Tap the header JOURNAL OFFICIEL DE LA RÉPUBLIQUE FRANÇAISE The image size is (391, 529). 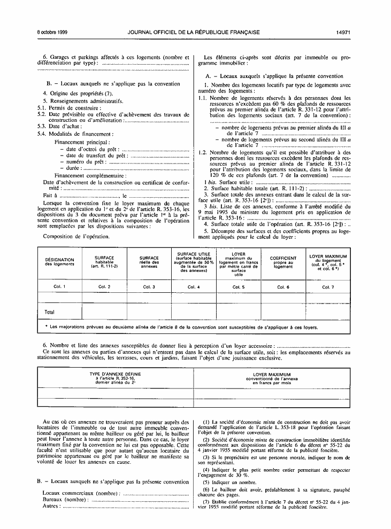click(x=194, y=32)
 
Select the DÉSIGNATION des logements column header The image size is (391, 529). click(x=59, y=262)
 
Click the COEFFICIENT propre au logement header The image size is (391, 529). click(x=283, y=262)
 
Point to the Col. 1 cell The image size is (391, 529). click(x=59, y=287)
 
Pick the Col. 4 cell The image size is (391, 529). click(x=193, y=287)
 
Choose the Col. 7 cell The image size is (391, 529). click(x=328, y=287)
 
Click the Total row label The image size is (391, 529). click(x=50, y=312)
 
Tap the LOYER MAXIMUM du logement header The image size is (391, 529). click(x=328, y=262)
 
